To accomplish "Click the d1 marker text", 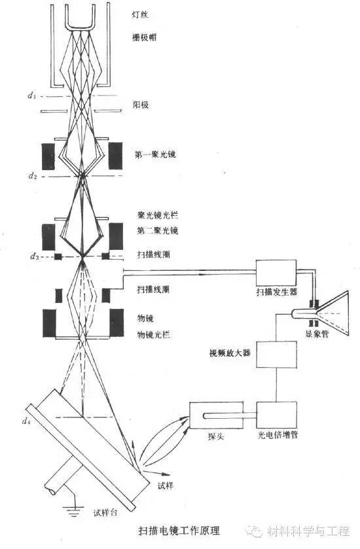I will click(31, 97).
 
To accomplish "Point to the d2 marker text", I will click(31, 176).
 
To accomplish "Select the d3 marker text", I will click(31, 257).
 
